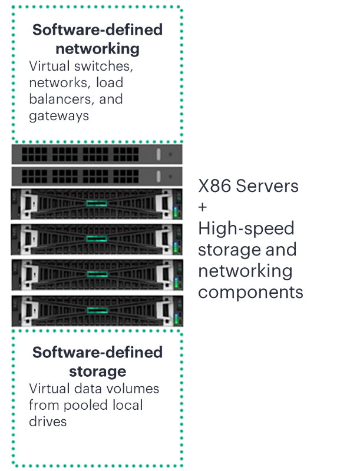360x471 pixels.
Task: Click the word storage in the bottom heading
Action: tap(97, 371)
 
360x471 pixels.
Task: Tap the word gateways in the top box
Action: tap(59, 115)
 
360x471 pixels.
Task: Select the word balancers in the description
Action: tap(61, 99)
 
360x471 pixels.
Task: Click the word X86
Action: tap(216, 187)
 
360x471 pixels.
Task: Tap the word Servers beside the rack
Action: tap(269, 187)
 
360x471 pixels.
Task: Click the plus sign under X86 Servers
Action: tap(203, 207)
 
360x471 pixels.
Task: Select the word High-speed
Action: tap(246, 229)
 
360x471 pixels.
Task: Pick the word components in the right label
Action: tap(250, 291)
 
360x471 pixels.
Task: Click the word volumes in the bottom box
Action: tap(137, 389)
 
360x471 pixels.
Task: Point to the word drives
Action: tap(48, 422)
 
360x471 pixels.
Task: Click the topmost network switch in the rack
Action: tap(97, 154)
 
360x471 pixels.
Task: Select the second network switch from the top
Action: tap(97, 176)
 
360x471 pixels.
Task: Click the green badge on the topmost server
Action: tap(97, 203)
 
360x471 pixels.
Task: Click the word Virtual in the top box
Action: tap(48, 66)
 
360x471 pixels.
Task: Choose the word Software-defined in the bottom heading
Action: tap(97, 352)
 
